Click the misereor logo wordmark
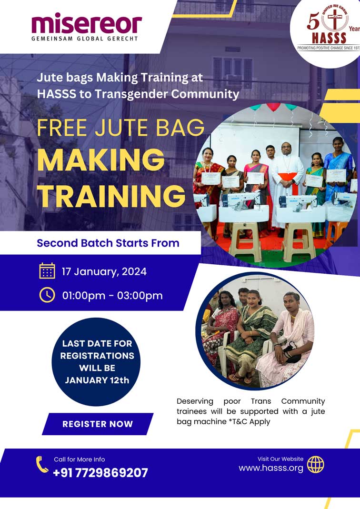87,23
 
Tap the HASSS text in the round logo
329,38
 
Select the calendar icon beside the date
47,271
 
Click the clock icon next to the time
47,295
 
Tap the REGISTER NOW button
98,424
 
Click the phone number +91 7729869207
100,473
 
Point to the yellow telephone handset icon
42,464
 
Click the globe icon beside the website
316,465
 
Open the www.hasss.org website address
271,469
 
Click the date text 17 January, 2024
104,272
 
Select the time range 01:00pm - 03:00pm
112,296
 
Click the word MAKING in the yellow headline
101,160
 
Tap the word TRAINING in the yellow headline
111,196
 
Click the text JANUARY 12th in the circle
97,380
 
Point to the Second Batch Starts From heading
108,243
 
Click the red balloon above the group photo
273,107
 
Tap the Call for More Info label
79,459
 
